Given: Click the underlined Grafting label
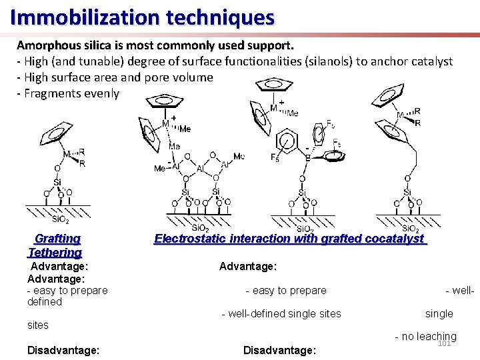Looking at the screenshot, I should (57, 239).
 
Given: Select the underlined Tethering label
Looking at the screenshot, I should (55, 252).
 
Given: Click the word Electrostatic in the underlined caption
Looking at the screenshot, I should (189, 239).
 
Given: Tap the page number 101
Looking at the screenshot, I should (445, 343).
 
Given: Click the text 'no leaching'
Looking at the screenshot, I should (429, 337).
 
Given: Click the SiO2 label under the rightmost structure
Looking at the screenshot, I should (409, 229).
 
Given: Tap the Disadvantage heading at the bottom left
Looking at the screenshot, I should (63, 350).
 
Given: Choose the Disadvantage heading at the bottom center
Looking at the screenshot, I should (279, 350).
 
